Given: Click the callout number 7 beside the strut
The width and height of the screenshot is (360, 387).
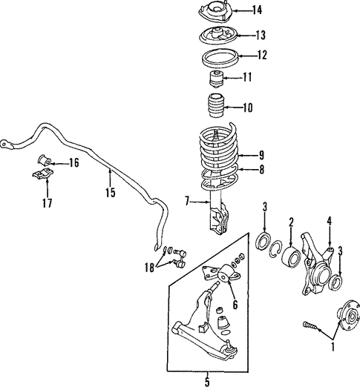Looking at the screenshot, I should tap(189, 201).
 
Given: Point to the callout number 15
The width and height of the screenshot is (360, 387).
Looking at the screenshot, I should tap(110, 193).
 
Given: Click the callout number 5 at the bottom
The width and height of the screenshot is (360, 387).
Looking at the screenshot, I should tap(207, 381).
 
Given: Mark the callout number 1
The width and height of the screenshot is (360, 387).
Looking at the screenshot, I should tap(333, 345).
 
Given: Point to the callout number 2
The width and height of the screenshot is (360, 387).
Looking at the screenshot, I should tap(292, 221).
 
